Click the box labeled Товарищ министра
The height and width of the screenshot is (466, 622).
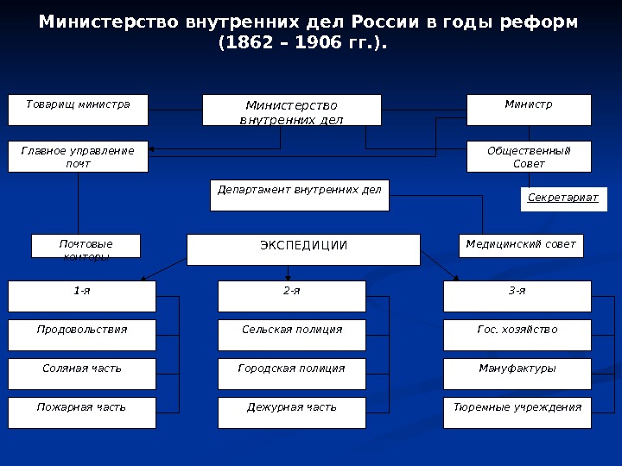78,110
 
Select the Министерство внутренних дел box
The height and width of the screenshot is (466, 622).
291,110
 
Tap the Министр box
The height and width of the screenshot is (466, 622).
529,110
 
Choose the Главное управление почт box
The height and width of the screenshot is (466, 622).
78,157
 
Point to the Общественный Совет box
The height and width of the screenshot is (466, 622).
529,157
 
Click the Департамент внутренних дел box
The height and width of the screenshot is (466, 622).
299,195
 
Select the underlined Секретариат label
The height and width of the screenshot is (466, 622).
563,198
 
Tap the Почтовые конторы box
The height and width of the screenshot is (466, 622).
86,246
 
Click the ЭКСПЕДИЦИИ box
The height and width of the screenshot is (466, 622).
303,249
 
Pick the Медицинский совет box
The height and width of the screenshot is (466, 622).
520,245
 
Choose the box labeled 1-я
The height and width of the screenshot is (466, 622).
82,296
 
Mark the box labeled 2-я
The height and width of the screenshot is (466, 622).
292,296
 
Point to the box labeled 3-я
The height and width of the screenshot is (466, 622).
517,296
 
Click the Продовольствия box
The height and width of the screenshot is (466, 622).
82,335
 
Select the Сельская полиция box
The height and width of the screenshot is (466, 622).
292,335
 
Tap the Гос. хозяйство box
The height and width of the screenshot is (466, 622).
517,335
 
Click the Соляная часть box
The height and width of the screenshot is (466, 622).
82,374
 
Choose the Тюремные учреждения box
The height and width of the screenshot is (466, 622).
517,412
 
